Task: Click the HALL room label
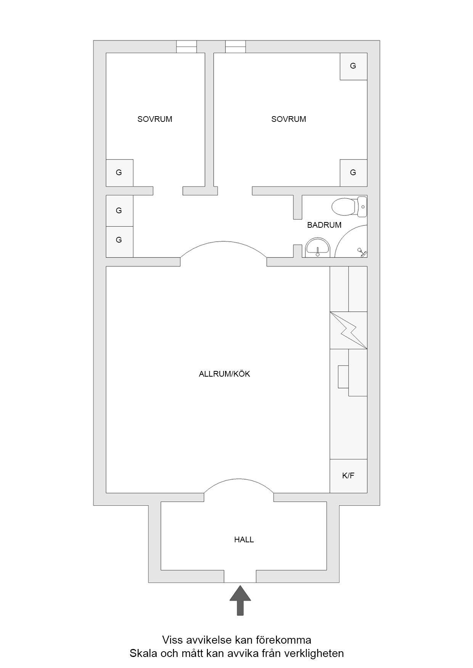coord(244,540)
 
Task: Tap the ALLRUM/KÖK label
coord(224,374)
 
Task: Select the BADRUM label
coord(324,225)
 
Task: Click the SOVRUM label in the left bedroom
coord(155,119)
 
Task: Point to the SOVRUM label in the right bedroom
coord(289,119)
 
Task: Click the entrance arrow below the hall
coord(240,600)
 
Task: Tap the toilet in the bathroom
coord(349,207)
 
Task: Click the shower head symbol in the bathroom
coord(361,252)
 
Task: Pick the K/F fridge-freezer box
coord(348,476)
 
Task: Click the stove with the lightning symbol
coord(348,330)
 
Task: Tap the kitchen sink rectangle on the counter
coord(343,377)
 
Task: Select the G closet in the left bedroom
coord(119,173)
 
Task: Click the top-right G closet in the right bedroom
coord(354,66)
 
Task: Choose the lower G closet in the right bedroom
coord(354,173)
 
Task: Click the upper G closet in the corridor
coord(119,211)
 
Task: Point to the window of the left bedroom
coord(186,46)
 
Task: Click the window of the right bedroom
coord(235,46)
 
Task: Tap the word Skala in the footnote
coord(141,654)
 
